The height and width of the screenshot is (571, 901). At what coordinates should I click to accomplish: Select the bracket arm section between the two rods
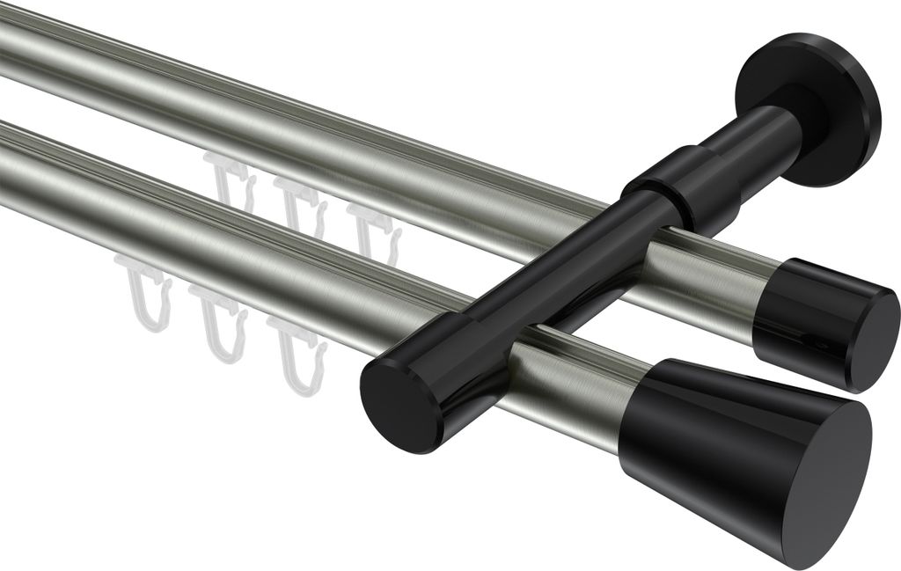tap(546, 290)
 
